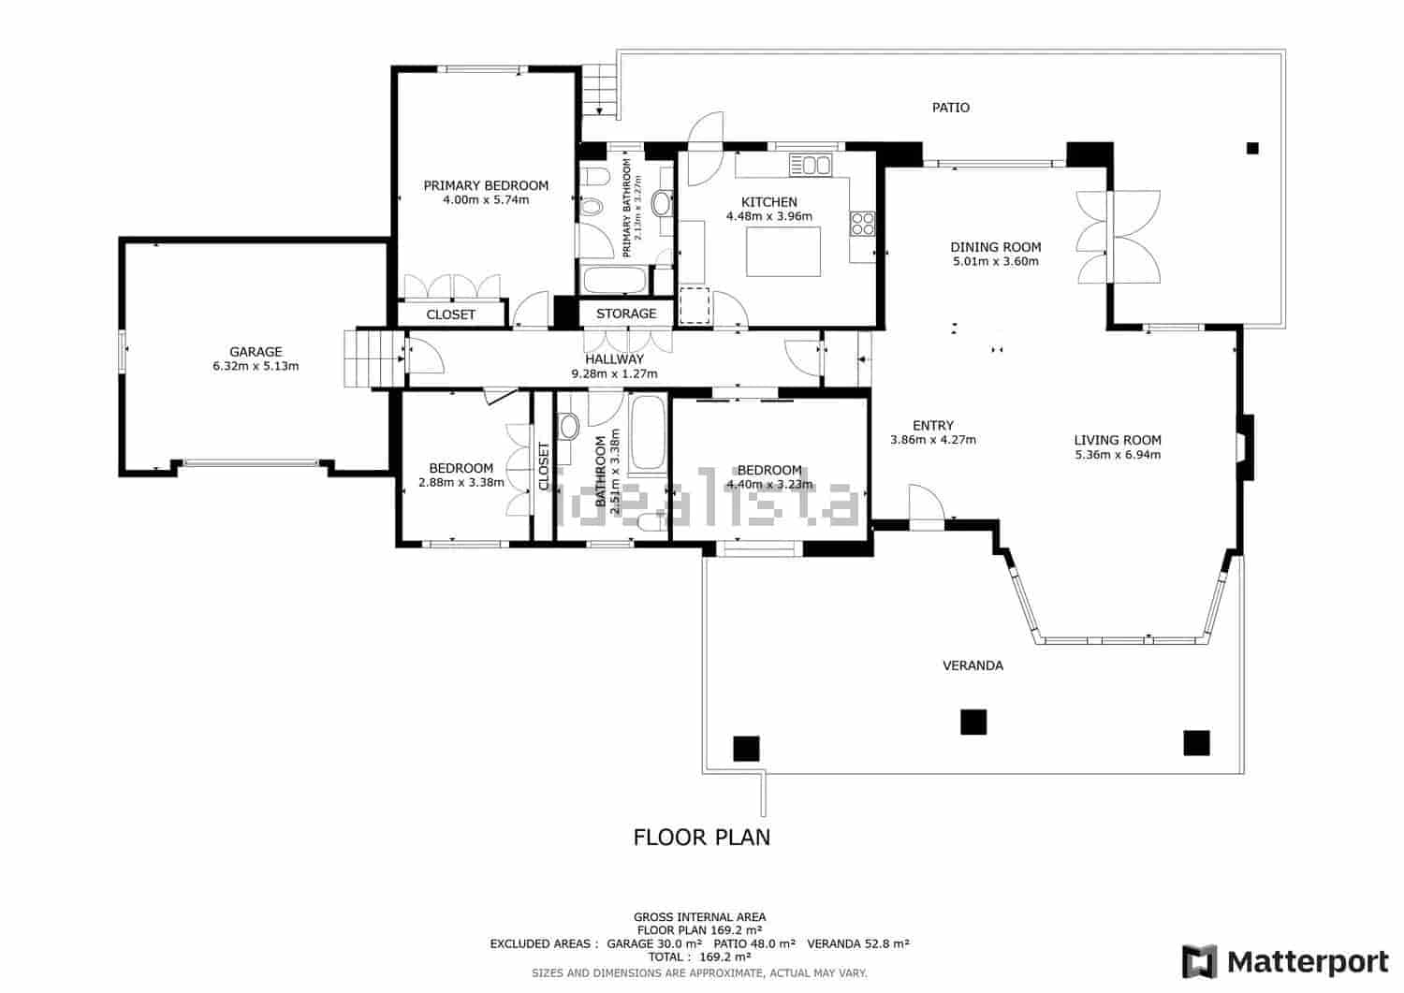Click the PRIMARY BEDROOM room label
(x=486, y=185)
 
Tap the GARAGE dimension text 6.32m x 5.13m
(x=256, y=366)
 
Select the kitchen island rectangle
(x=783, y=251)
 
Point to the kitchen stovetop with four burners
(x=862, y=223)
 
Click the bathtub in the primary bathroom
(x=614, y=280)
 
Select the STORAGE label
(x=626, y=314)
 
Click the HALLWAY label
(x=614, y=358)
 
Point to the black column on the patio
(x=1252, y=148)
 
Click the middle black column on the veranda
(x=973, y=722)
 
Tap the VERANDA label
(x=973, y=665)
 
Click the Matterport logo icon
(x=1199, y=961)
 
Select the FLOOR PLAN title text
(x=702, y=837)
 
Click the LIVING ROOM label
(x=1118, y=440)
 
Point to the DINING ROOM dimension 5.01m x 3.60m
(x=996, y=262)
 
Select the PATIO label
(x=950, y=108)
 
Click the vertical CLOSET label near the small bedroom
(x=544, y=467)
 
